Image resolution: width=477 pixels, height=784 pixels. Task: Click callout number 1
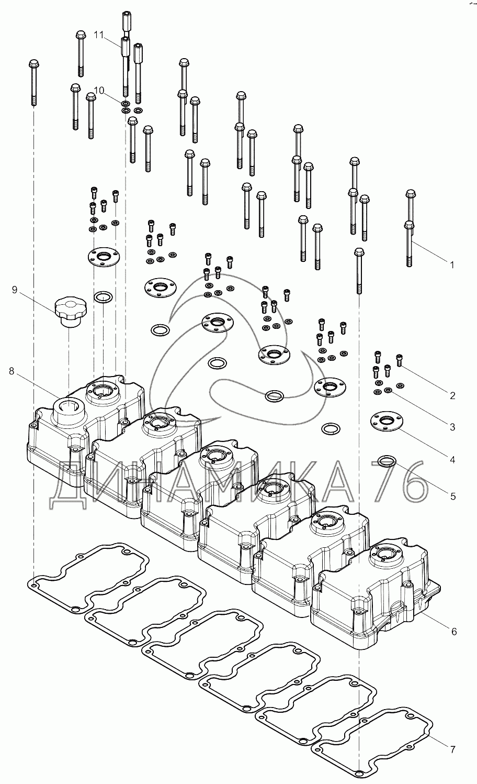[452, 265]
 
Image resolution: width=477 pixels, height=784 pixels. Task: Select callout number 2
[452, 396]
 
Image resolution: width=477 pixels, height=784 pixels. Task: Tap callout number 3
[452, 427]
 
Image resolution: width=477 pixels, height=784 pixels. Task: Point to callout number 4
[452, 460]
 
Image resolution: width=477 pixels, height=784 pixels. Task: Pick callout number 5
[452, 495]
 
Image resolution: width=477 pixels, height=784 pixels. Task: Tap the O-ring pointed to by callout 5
[386, 461]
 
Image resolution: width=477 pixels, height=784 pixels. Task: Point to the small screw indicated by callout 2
[400, 360]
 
